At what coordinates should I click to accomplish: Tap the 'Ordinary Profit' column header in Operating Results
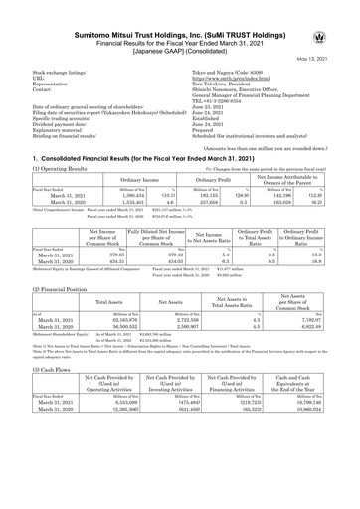click(190, 178)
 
